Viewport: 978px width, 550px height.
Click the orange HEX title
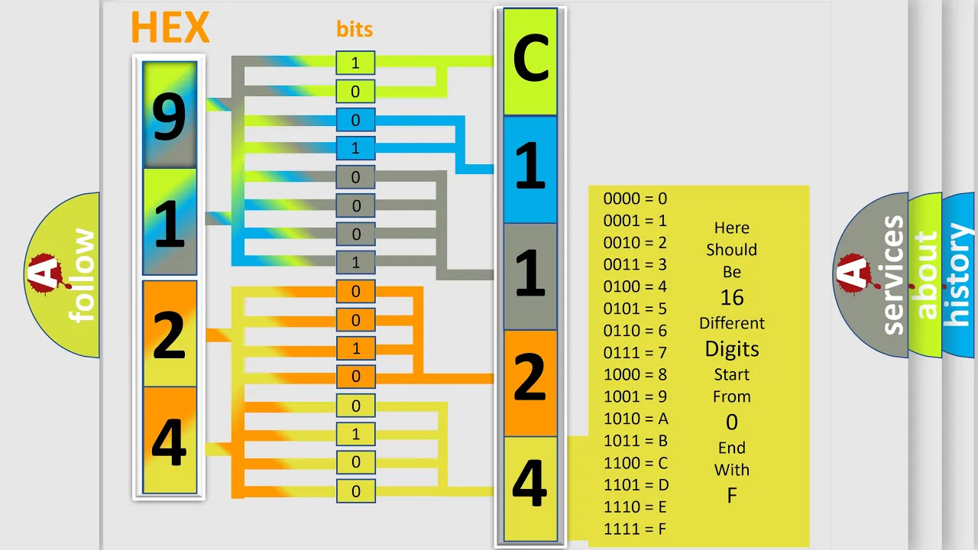tap(170, 27)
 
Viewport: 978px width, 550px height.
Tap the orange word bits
tap(355, 29)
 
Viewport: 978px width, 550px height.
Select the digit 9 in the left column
tap(170, 117)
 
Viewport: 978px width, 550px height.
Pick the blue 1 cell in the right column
tap(530, 170)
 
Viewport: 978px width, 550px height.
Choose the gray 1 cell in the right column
tap(530, 277)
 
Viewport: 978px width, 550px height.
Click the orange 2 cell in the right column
tap(530, 383)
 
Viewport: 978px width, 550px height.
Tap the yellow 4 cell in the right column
tap(530, 489)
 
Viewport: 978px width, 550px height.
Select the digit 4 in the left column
tap(170, 442)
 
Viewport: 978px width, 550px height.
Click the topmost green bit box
tap(355, 63)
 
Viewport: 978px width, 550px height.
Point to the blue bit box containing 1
tap(355, 148)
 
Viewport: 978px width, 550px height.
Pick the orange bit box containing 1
tap(355, 348)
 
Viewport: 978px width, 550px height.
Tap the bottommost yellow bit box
tap(355, 491)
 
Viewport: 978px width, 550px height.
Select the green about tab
tap(925, 275)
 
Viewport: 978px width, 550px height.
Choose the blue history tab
tap(960, 275)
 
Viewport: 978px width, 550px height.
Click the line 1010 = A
tap(636, 419)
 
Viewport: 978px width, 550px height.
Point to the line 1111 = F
tap(635, 529)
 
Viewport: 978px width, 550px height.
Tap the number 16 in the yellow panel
tap(732, 298)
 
